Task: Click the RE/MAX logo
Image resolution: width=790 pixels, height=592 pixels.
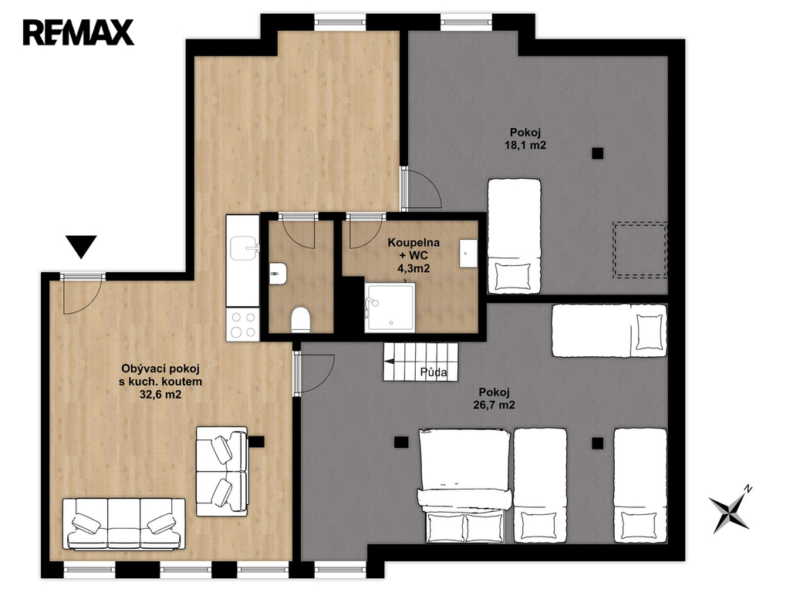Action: pos(78,32)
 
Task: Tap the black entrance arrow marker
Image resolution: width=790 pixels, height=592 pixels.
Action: pos(81,247)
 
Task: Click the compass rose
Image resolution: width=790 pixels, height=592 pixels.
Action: pos(730,510)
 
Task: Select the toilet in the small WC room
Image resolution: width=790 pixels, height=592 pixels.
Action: pos(301,319)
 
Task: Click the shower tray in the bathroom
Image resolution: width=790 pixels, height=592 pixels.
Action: pos(390,307)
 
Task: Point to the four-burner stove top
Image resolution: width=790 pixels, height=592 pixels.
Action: pos(243,325)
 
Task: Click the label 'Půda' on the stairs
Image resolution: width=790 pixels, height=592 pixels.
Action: pos(434,372)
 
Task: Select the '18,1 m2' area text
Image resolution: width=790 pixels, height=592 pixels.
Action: pos(525,146)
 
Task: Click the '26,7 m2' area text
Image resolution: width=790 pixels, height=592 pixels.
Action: pos(495,405)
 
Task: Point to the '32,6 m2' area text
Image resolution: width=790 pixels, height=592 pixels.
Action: pos(160,395)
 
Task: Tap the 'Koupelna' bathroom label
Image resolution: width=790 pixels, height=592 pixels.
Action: pos(414,243)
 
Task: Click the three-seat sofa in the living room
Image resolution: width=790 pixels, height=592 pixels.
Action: pos(124,523)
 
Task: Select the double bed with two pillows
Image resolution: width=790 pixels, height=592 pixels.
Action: pos(464,486)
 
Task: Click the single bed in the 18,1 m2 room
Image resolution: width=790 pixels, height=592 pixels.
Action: pos(514,236)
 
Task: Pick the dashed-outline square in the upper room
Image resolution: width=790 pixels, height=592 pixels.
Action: pos(640,251)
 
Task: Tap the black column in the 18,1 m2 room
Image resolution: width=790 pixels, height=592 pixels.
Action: pos(598,153)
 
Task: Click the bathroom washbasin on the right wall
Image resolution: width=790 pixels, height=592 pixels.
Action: pos(468,253)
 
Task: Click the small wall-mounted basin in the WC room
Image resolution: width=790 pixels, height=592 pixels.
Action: pos(278,274)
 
